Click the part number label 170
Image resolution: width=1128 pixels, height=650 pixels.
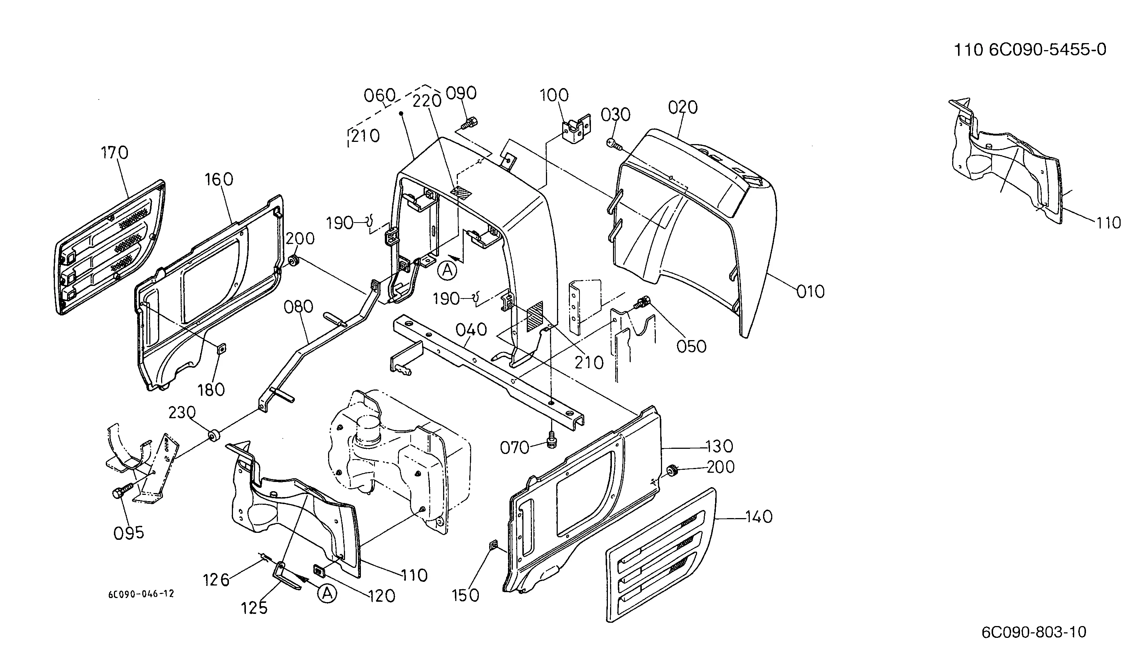[x=115, y=153]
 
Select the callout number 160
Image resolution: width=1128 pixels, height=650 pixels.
[x=219, y=179]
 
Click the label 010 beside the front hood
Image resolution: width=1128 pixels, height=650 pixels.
[x=811, y=292]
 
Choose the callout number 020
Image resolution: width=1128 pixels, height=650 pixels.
[x=683, y=107]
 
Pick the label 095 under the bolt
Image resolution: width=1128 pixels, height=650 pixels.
[x=129, y=533]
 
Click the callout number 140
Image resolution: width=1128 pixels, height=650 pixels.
[x=759, y=517]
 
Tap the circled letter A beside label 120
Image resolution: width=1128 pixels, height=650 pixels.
[x=327, y=593]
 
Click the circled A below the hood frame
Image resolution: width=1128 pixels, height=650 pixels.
[x=448, y=270]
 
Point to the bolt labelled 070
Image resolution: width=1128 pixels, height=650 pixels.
[x=551, y=441]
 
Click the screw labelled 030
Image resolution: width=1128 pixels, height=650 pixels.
[x=613, y=143]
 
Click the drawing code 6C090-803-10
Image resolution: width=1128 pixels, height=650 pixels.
[x=1034, y=632]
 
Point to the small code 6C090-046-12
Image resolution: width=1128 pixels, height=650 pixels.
[x=141, y=594]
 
